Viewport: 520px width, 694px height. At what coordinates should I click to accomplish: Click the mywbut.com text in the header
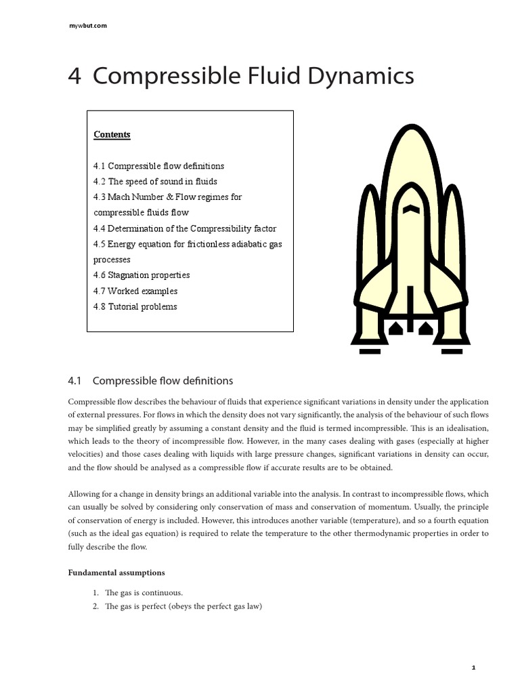point(88,26)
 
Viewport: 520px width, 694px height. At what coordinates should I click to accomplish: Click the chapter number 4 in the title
point(74,77)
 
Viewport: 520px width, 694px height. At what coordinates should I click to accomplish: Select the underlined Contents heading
point(112,134)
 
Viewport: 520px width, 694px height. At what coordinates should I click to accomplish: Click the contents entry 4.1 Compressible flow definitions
point(158,166)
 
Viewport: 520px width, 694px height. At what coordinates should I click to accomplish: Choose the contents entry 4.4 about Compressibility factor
point(185,229)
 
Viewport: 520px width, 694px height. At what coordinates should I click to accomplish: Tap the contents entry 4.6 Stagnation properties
point(142,275)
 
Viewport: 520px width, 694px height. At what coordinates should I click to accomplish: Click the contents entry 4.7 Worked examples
point(135,291)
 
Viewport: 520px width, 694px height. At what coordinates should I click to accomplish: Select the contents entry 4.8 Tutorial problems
point(135,306)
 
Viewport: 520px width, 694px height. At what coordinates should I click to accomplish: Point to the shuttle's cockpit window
point(410,210)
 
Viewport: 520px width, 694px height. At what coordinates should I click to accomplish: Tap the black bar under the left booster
point(370,351)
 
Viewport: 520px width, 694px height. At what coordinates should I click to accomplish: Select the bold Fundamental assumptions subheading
point(116,573)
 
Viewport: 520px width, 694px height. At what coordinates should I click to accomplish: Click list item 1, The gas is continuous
point(139,593)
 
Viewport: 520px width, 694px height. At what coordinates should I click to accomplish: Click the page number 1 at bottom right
point(473,668)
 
